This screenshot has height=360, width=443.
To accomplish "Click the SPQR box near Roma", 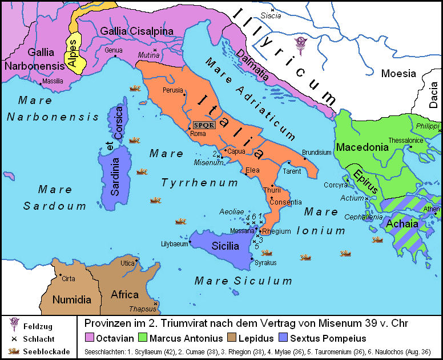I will [x=204, y=125].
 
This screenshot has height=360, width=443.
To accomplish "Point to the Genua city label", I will [x=113, y=50].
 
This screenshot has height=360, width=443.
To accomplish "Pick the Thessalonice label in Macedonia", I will [x=405, y=140].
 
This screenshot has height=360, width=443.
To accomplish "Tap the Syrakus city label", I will [x=265, y=263].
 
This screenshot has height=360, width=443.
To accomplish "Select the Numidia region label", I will [x=72, y=299].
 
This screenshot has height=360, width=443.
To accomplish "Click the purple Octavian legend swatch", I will [x=89, y=338].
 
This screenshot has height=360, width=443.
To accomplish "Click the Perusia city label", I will [x=172, y=90].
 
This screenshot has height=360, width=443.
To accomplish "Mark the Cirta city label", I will [x=69, y=279].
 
